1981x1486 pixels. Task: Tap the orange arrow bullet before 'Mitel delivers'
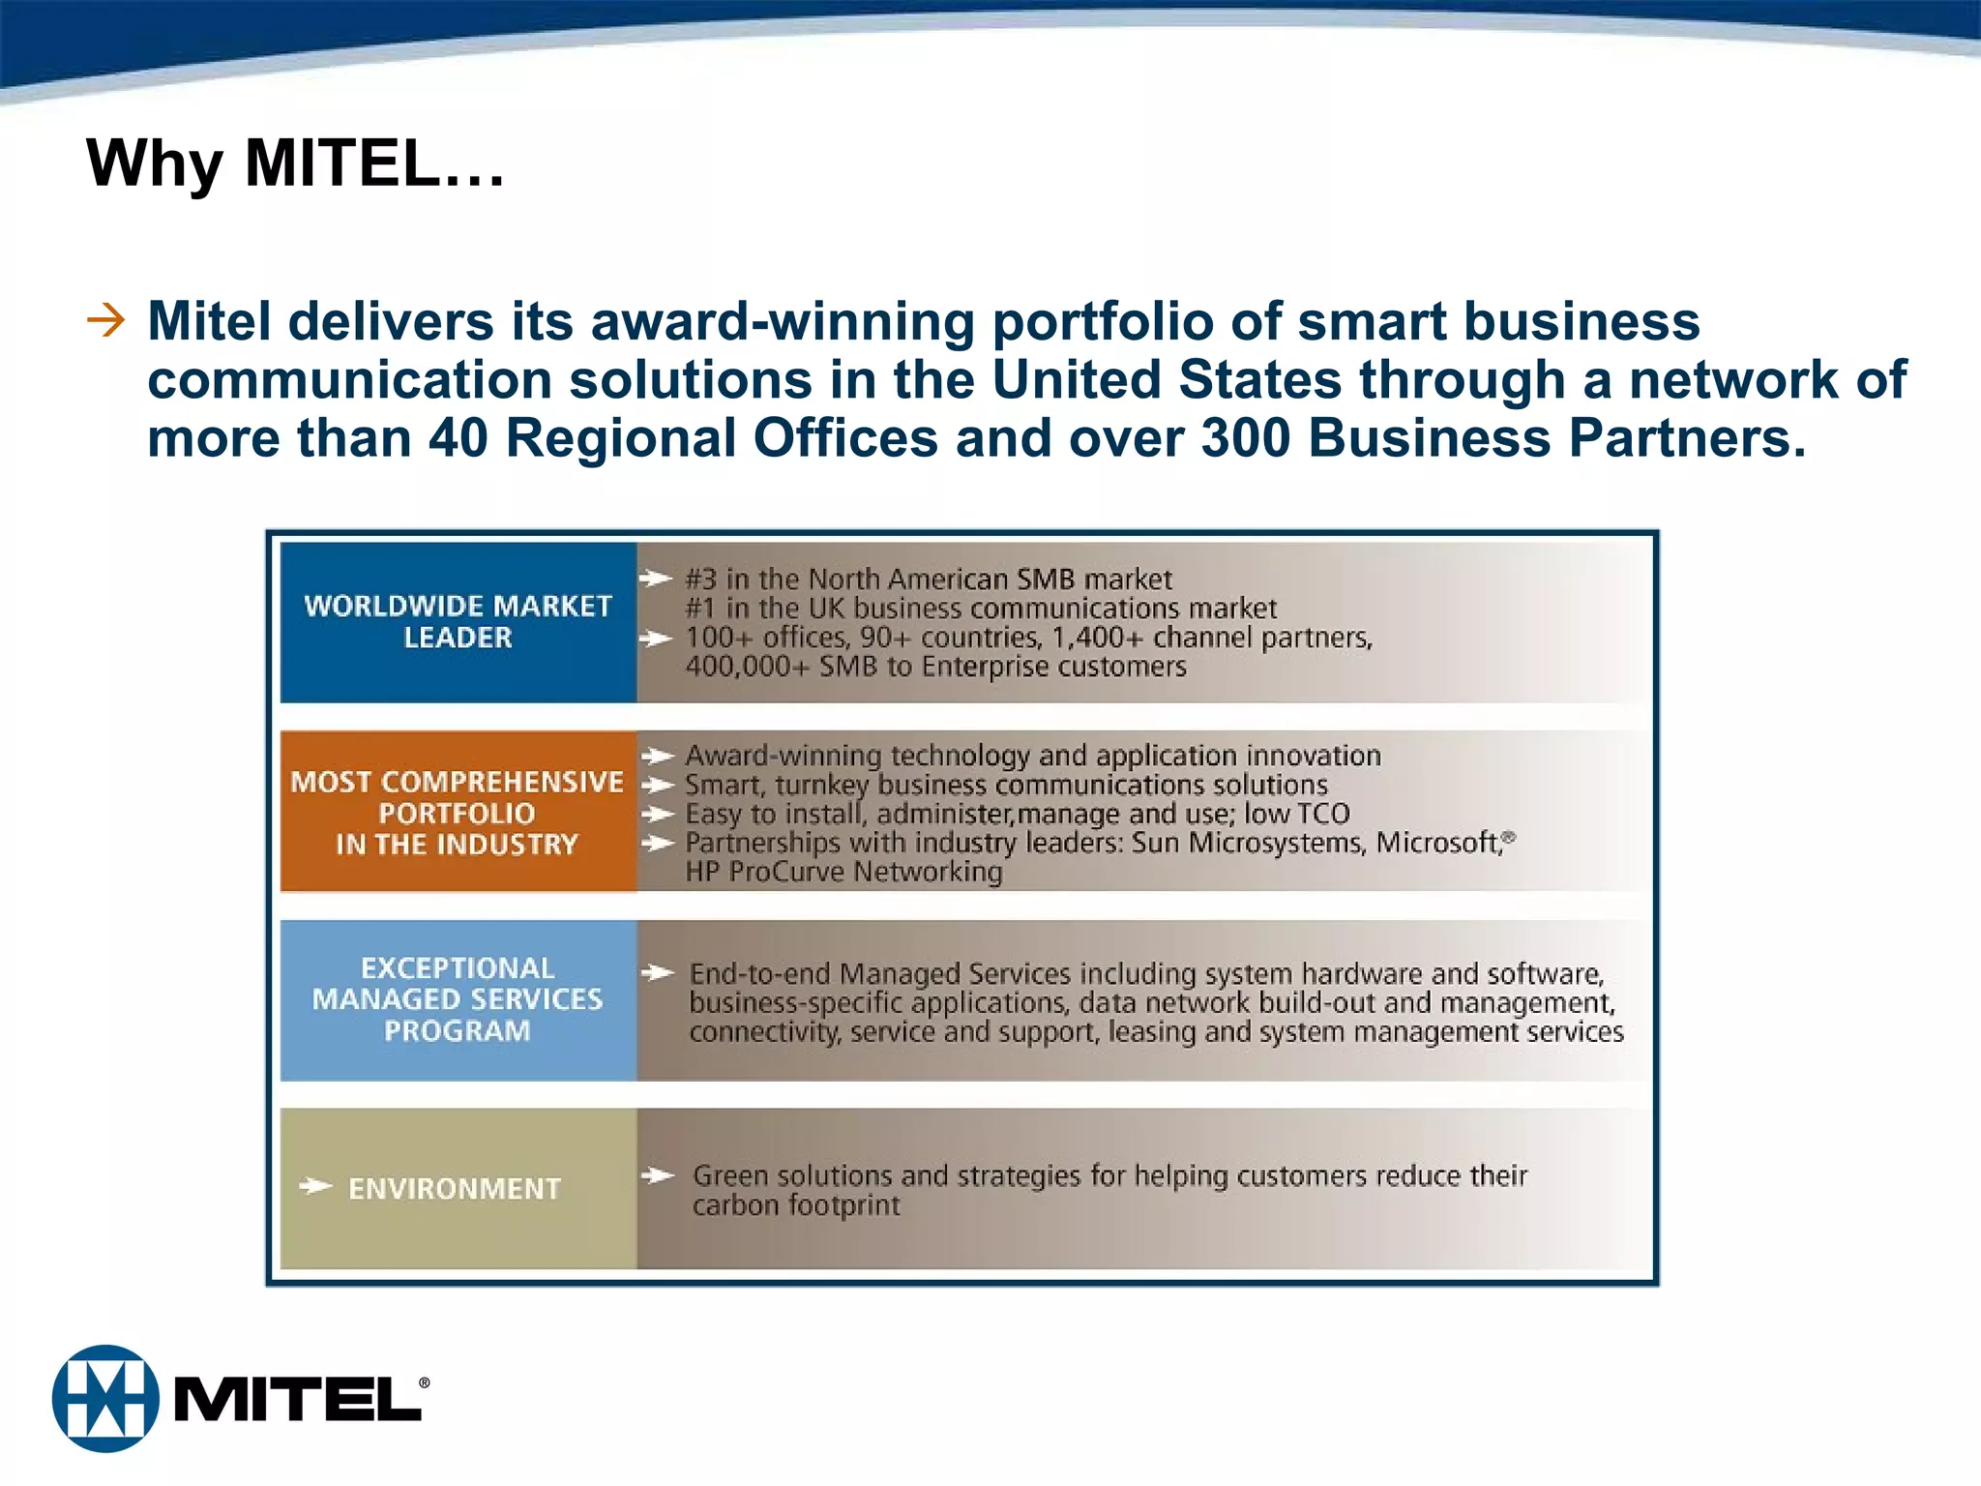105,320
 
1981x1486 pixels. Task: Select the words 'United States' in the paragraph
1167,379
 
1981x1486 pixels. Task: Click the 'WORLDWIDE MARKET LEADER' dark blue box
458,622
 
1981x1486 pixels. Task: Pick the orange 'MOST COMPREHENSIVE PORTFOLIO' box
458,812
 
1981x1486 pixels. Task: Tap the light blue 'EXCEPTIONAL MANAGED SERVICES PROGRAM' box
458,999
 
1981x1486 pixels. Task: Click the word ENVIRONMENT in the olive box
454,1188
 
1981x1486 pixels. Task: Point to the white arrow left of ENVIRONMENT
315,1186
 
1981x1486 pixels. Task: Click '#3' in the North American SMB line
701,580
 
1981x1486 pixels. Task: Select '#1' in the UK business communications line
701,609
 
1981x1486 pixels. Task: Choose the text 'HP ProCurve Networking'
843,872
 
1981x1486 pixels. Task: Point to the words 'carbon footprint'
795,1205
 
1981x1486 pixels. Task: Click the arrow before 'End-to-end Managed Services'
658,972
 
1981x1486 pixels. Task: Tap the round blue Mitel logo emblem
105,1398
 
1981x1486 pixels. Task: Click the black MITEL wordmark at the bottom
298,1400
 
